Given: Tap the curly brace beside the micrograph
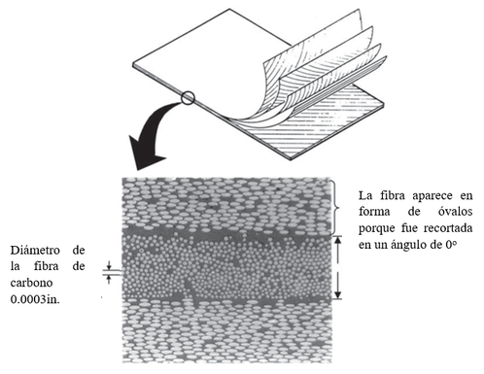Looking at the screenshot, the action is coord(336,206).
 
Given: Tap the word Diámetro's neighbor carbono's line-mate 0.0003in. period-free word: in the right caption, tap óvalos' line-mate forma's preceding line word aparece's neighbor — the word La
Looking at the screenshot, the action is coord(366,193).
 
